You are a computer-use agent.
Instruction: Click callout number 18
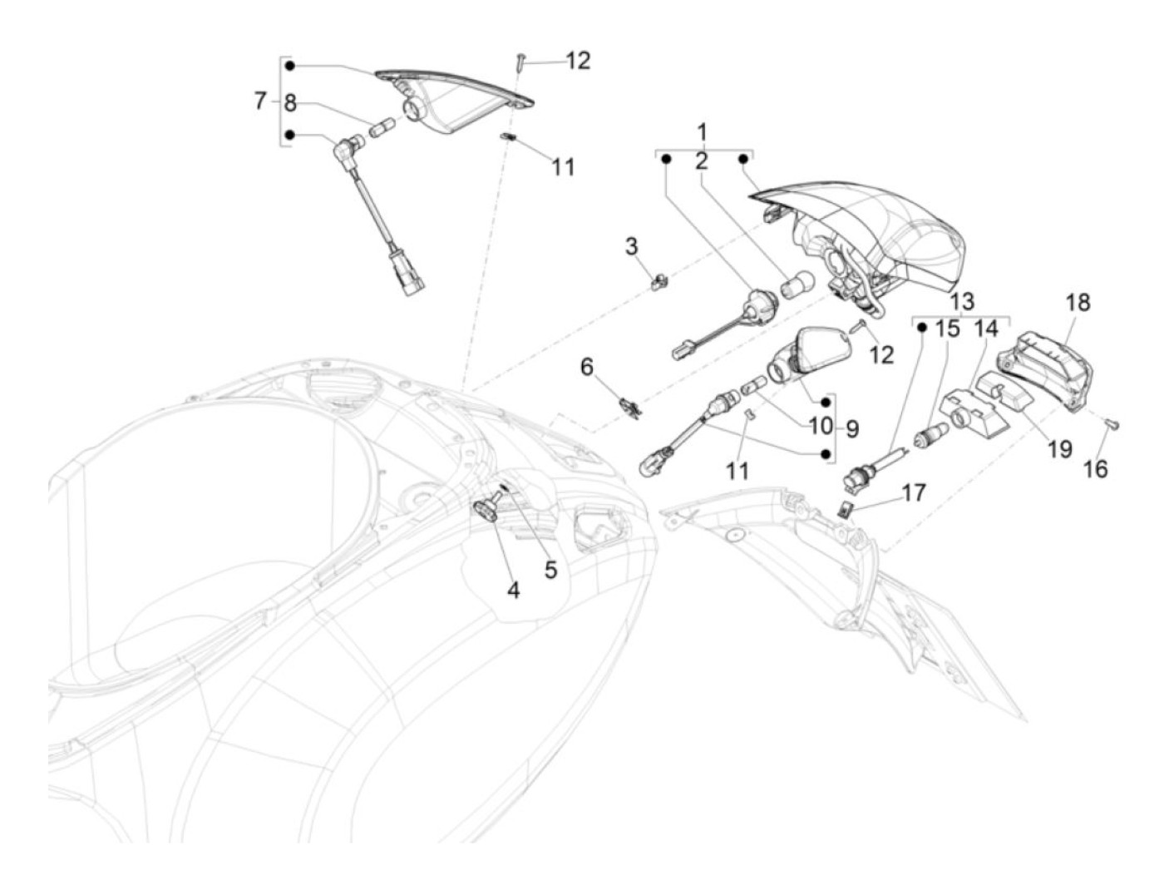[1078, 302]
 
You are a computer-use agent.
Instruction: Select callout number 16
[1096, 469]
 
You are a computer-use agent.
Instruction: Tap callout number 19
[1059, 450]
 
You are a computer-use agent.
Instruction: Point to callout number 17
[913, 493]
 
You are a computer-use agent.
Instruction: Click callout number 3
[632, 246]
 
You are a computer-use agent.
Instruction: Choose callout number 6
[588, 366]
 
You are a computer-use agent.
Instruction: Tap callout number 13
[962, 302]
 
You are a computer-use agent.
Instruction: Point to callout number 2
[702, 161]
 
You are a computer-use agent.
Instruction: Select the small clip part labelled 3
[659, 283]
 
